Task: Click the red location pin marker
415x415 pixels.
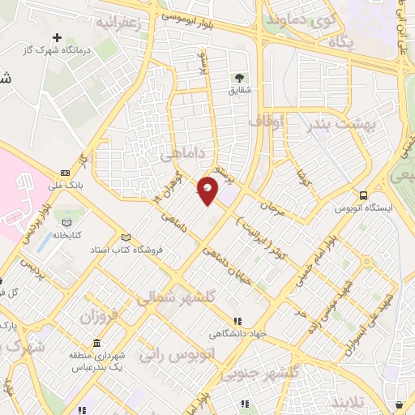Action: pyautogui.click(x=207, y=190)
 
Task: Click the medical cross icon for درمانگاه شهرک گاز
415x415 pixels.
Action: pyautogui.click(x=57, y=37)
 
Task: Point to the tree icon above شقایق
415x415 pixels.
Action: pyautogui.click(x=240, y=78)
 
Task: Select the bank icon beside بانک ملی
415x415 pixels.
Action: pyautogui.click(x=65, y=173)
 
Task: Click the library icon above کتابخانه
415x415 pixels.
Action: pyautogui.click(x=66, y=223)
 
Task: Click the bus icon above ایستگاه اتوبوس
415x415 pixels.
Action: pyautogui.click(x=364, y=195)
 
